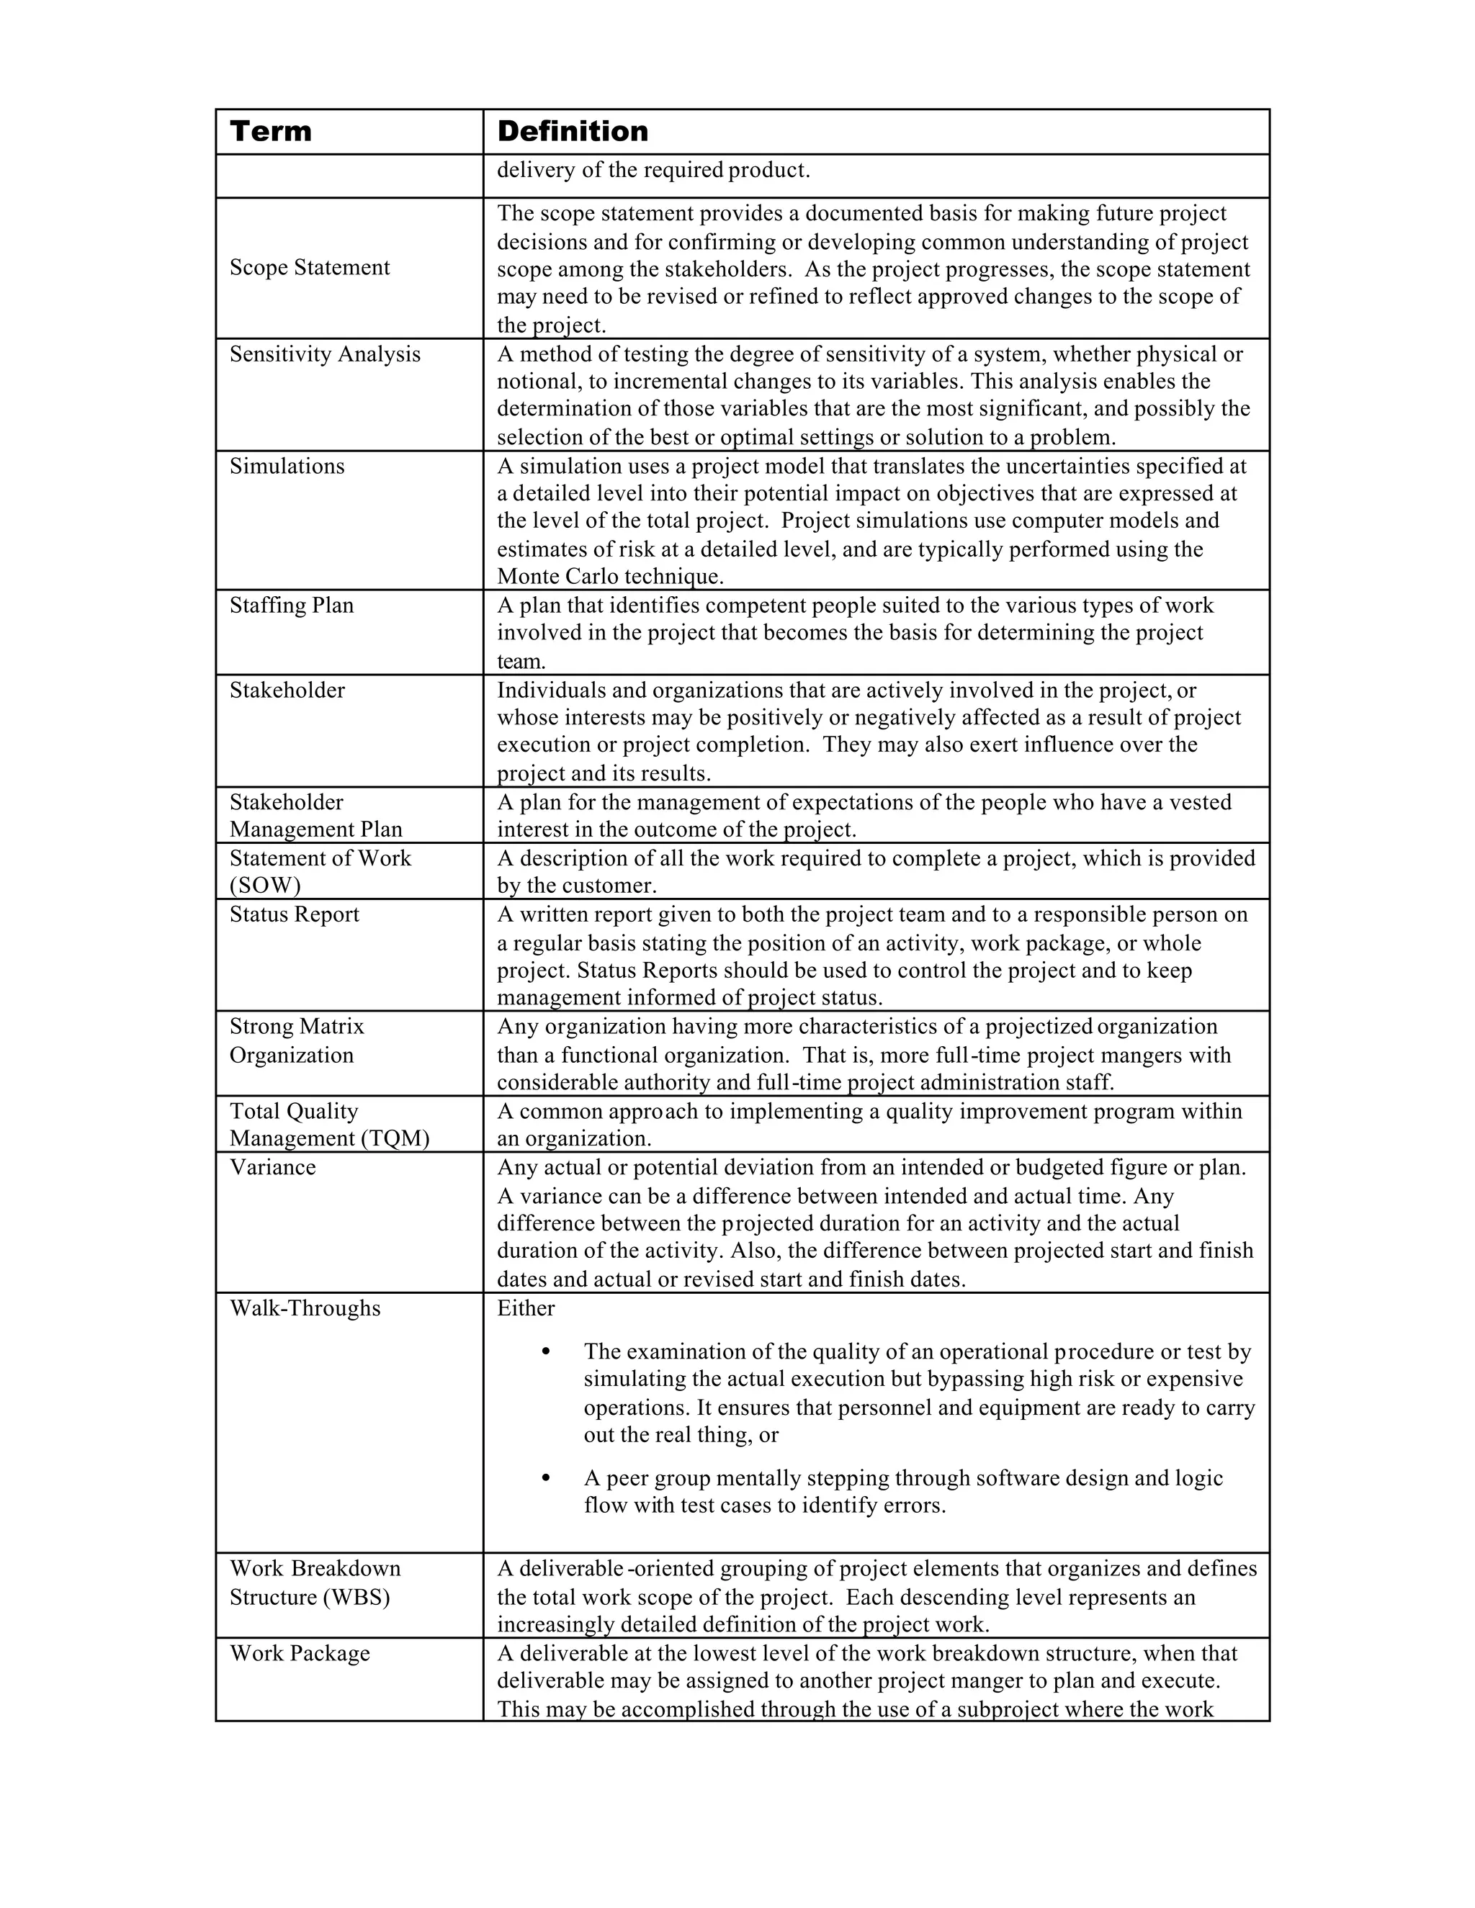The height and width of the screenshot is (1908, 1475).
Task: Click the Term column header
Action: click(270, 132)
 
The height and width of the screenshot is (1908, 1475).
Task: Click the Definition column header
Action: click(573, 132)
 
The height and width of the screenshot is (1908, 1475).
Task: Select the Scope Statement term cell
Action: click(309, 267)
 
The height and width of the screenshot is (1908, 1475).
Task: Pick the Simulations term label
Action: click(287, 466)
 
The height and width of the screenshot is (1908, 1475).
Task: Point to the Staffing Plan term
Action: click(291, 605)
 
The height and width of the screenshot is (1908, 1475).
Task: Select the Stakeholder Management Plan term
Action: click(315, 815)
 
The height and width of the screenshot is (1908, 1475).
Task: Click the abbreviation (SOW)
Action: click(265, 885)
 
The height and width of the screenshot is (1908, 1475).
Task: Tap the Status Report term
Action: click(295, 914)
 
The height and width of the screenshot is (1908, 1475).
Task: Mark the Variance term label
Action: click(273, 1167)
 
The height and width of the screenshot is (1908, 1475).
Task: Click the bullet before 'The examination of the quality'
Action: click(546, 1351)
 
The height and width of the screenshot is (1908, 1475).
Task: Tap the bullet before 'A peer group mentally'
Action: click(546, 1478)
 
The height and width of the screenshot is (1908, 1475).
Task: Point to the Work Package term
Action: click(300, 1653)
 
